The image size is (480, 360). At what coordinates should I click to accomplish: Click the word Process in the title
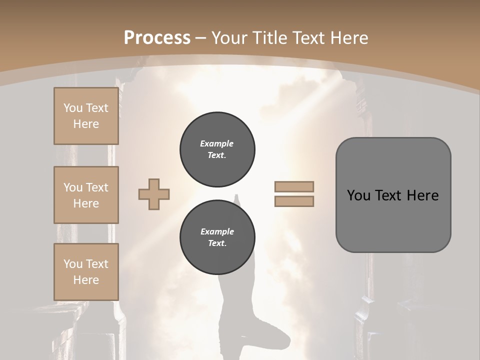click(x=157, y=37)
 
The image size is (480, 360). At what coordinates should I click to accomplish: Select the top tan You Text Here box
click(x=86, y=116)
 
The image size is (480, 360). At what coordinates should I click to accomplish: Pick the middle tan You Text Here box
click(x=86, y=195)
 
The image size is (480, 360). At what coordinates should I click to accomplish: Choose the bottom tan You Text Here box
click(x=86, y=272)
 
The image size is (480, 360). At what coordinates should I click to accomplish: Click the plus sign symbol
click(x=154, y=194)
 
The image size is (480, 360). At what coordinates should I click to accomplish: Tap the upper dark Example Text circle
click(x=217, y=149)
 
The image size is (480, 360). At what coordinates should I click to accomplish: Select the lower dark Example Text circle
click(x=217, y=237)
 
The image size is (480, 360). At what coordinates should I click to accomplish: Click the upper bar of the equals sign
click(x=294, y=186)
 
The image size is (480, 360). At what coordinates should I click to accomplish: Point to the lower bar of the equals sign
click(x=294, y=201)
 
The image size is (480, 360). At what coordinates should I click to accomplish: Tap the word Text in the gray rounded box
click(x=387, y=195)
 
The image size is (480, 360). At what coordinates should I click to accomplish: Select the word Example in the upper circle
click(x=217, y=143)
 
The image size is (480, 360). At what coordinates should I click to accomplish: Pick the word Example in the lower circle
click(x=217, y=231)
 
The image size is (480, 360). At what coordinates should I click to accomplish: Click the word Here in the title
click(x=348, y=37)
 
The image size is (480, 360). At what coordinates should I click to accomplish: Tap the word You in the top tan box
click(x=72, y=108)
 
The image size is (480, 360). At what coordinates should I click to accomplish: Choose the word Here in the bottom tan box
click(x=86, y=280)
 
